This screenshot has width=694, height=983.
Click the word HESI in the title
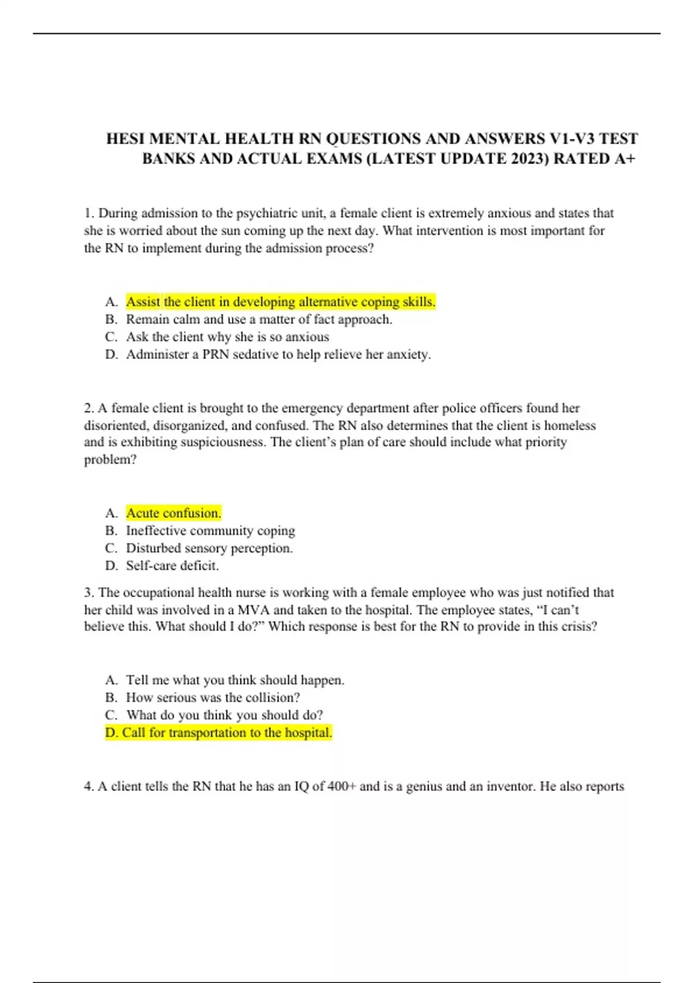pos(125,139)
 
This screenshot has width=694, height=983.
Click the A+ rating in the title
pos(624,158)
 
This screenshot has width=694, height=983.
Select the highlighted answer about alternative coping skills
pos(280,302)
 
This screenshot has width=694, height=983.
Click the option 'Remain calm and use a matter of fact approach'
pos(259,319)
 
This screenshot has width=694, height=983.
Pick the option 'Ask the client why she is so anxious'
pos(227,337)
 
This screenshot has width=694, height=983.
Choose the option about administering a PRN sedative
pos(278,354)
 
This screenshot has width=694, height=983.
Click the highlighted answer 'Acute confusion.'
pos(173,513)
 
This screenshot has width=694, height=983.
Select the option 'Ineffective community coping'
pos(211,530)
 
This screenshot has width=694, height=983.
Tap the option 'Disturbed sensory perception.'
pos(209,548)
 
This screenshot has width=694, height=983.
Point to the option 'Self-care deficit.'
pos(172,566)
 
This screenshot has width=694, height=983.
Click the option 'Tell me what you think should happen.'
pos(235,680)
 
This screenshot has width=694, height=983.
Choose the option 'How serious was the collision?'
pos(213,697)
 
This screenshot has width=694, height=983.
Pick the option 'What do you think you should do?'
pos(224,715)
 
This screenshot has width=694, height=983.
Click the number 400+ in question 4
pos(342,786)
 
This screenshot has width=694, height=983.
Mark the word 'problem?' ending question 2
pos(110,460)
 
